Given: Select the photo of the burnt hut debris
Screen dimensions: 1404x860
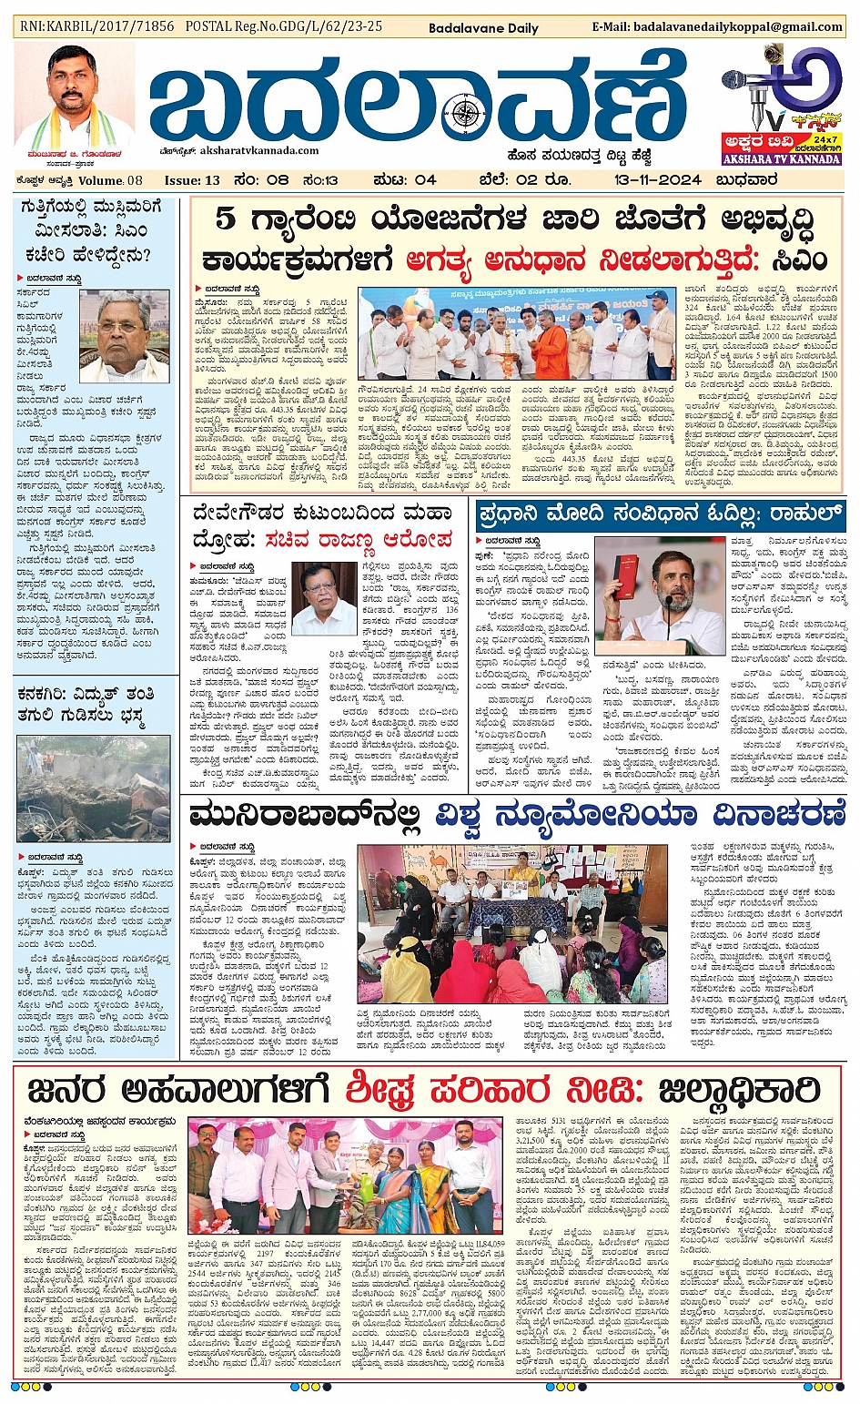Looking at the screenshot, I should (93, 789).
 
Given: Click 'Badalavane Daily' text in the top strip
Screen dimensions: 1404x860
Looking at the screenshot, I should (483, 28).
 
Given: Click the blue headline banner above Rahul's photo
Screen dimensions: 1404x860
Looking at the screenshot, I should (661, 514).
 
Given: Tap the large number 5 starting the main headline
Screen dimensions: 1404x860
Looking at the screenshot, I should (226, 221).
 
